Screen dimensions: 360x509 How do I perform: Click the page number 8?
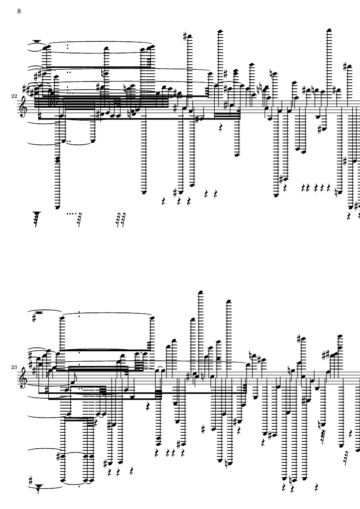click(19, 11)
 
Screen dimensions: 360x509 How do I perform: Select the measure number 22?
click(14, 96)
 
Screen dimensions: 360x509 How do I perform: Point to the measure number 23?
click(14, 367)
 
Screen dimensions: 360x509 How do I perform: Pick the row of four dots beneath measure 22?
click(70, 214)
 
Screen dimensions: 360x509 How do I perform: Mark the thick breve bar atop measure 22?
click(37, 41)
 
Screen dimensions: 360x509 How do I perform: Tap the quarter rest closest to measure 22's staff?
click(221, 128)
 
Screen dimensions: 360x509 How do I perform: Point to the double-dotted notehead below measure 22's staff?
click(64, 141)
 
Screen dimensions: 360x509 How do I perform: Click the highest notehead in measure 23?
click(200, 293)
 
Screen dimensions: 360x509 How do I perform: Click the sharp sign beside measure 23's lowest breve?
click(31, 480)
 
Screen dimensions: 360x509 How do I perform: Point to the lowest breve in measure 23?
click(39, 486)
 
